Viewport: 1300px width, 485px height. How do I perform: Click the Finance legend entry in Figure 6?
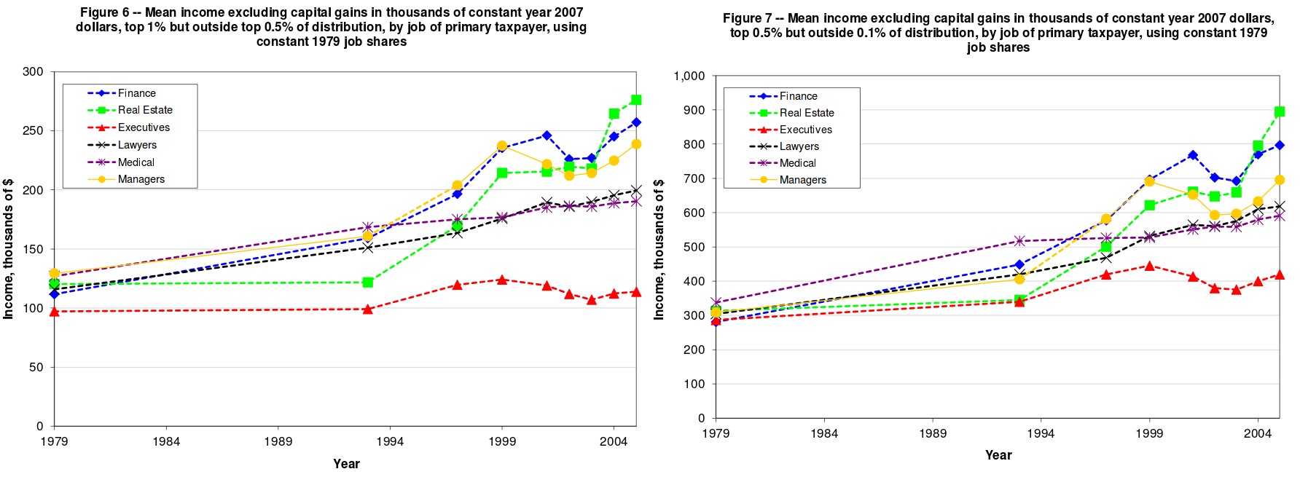(x=136, y=93)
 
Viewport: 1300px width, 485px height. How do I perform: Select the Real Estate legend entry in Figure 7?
(x=806, y=113)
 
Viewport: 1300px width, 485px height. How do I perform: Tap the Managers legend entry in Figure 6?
(x=141, y=179)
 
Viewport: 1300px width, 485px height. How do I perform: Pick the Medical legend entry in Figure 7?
(x=797, y=163)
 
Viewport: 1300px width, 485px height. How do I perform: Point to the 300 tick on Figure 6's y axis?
(x=33, y=72)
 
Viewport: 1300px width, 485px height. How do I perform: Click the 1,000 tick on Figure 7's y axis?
(x=689, y=76)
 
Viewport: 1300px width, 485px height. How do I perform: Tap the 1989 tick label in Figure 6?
(x=278, y=441)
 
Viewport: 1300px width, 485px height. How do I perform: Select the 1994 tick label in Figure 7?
(x=1041, y=433)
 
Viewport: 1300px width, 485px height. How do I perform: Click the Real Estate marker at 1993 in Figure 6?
(x=367, y=283)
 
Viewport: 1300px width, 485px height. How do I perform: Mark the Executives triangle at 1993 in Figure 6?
(x=367, y=309)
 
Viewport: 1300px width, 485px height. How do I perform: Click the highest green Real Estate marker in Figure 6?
(x=635, y=100)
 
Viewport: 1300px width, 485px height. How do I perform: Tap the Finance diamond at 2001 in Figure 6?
(x=547, y=135)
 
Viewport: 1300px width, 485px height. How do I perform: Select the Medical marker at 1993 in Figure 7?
(x=1019, y=241)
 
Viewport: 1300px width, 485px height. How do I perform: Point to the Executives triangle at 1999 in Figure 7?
(x=1149, y=266)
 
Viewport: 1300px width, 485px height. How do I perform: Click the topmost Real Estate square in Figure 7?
(x=1279, y=112)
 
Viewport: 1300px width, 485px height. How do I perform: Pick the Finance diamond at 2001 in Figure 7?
(x=1192, y=155)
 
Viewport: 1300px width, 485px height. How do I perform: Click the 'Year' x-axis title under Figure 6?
(x=346, y=464)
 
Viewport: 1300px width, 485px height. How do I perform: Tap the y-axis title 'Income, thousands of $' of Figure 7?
(x=659, y=249)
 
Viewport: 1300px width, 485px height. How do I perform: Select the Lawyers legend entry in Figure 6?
(x=137, y=145)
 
